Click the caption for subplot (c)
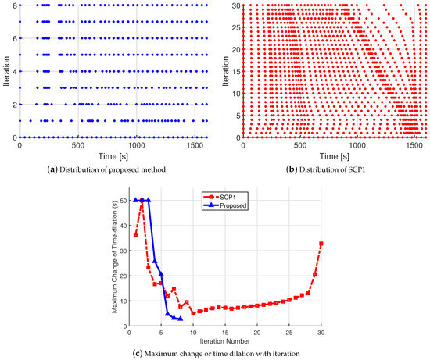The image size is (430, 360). [215, 355]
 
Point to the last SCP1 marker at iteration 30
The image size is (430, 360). [321, 244]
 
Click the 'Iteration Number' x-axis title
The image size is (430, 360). [225, 343]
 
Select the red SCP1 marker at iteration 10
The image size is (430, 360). [193, 314]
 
